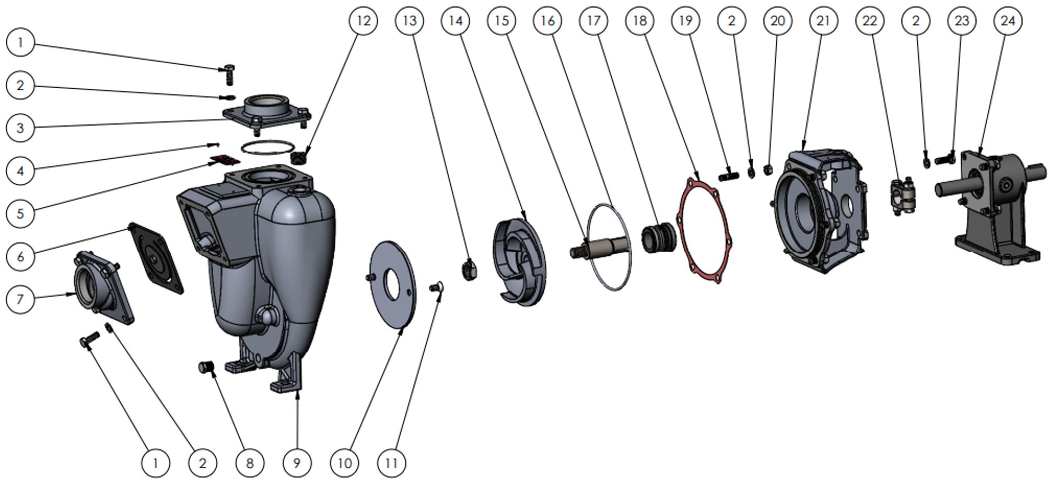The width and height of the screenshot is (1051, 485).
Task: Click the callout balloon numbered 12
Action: pos(363,21)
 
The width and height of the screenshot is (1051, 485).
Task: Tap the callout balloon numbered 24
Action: pos(1008,21)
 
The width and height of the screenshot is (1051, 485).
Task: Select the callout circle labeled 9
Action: pos(297,463)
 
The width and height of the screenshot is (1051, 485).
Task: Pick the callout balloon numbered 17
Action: pos(593,21)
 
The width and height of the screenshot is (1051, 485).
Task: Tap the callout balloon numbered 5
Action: pos(20,213)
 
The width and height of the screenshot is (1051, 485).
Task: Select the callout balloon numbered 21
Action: pos(823,21)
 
